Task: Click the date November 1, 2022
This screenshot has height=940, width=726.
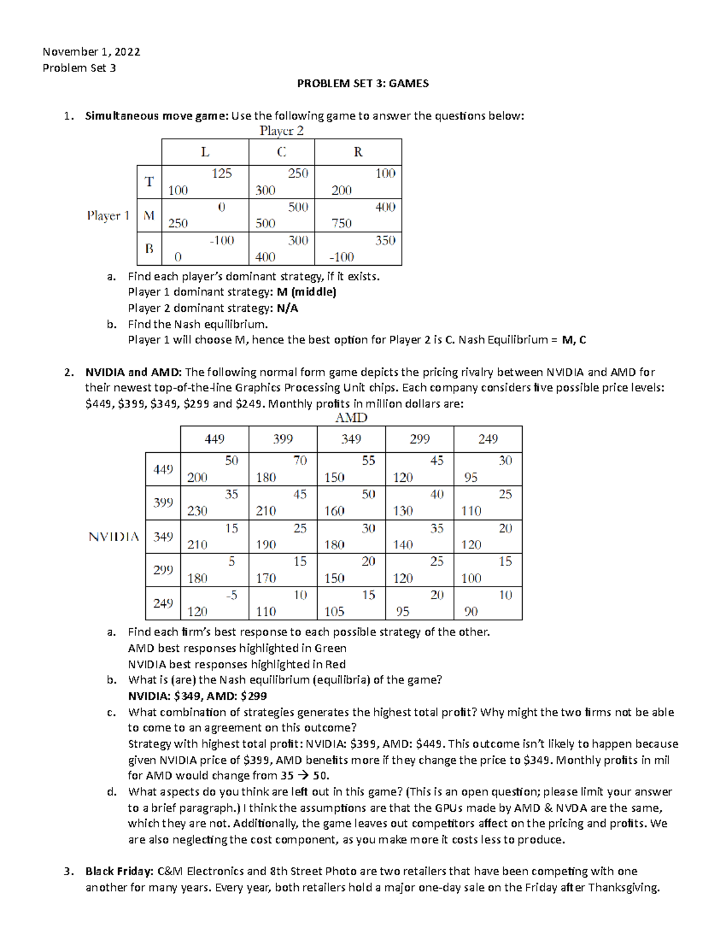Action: [91, 52]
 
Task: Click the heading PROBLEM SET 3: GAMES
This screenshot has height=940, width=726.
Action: [362, 84]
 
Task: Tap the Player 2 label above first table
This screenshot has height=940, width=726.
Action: [281, 131]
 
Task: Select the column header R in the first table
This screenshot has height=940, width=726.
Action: [358, 152]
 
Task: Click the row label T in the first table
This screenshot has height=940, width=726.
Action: [149, 182]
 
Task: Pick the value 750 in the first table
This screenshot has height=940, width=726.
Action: [341, 223]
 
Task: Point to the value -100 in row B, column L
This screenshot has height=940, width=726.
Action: [221, 240]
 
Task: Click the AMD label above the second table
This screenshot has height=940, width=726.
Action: [351, 418]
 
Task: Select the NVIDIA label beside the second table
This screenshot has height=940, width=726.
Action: [114, 537]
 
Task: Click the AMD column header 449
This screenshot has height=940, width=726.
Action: [214, 439]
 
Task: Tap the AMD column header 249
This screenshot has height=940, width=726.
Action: [488, 439]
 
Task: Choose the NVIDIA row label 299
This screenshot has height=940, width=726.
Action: [163, 570]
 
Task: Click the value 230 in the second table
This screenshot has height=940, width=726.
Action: [197, 511]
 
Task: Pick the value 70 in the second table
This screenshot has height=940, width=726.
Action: [300, 461]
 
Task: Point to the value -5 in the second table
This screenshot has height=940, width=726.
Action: [231, 595]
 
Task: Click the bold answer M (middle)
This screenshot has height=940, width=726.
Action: [306, 292]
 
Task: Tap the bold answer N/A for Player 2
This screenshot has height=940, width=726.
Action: [287, 308]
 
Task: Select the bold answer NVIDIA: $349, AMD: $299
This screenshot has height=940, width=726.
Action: [197, 696]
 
